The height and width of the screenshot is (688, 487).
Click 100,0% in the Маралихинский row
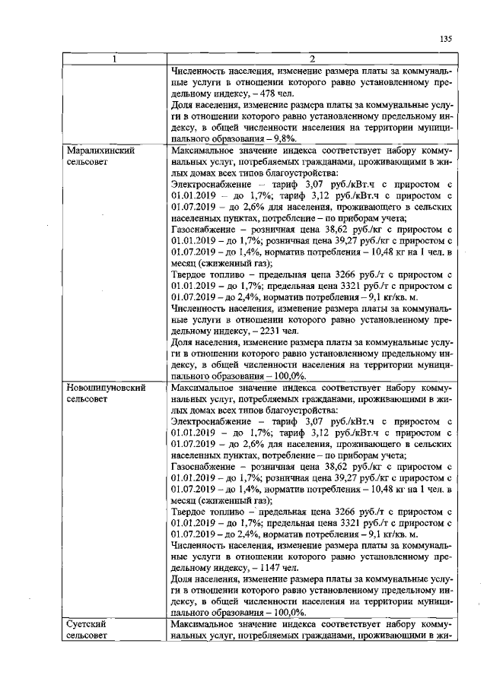[290, 376]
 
